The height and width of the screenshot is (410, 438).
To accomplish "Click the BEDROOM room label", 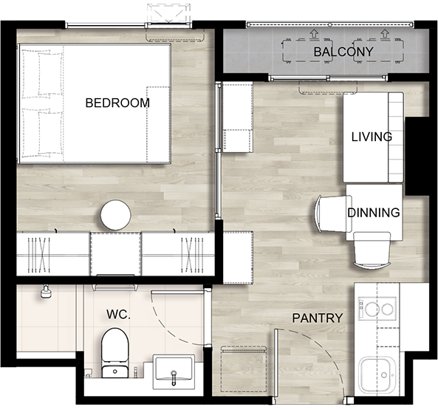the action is (x=117, y=103).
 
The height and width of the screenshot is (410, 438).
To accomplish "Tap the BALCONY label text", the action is (x=343, y=52).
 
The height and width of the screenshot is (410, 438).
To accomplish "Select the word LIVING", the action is (x=372, y=137).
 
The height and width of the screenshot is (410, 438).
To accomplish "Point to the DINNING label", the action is (x=374, y=213).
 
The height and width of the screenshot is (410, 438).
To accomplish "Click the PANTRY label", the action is (x=318, y=318).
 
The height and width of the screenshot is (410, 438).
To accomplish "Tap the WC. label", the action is (x=118, y=315).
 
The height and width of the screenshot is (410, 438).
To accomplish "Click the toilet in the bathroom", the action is (x=114, y=353).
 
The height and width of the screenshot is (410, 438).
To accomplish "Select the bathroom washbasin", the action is (x=174, y=372).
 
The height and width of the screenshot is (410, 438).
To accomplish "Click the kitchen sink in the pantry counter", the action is (x=377, y=375).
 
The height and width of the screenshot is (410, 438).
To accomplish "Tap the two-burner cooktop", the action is (x=377, y=309).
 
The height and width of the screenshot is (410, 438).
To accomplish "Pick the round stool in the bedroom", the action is (x=115, y=215).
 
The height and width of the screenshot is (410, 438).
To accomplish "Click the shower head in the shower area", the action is (x=46, y=292).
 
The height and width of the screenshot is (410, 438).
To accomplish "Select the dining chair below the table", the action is (x=372, y=250).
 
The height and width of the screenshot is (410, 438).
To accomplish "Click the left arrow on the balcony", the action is (x=315, y=34).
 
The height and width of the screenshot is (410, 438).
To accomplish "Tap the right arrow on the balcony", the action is (x=385, y=34).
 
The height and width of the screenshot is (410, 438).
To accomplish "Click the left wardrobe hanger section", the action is (x=39, y=255).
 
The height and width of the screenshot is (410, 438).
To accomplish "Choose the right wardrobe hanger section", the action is (x=192, y=255).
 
